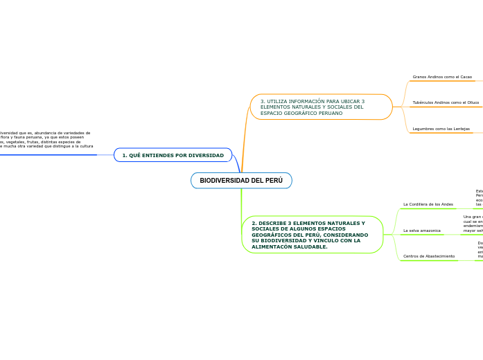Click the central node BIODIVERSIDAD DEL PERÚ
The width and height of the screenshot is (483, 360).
pyautogui.click(x=241, y=181)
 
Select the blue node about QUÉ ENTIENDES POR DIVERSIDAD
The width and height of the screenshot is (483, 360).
pyautogui.click(x=173, y=155)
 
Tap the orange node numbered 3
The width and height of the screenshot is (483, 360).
pyautogui.click(x=321, y=107)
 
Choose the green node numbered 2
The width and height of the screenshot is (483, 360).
pyautogui.click(x=312, y=235)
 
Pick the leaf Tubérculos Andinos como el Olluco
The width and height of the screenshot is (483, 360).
pyautogui.click(x=446, y=102)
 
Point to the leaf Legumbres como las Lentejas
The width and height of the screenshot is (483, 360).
pyautogui.click(x=441, y=129)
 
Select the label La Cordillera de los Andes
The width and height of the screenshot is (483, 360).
pyautogui.click(x=428, y=204)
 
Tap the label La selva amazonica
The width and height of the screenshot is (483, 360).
pyautogui.click(x=422, y=230)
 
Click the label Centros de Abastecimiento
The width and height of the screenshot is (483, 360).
pyautogui.click(x=429, y=256)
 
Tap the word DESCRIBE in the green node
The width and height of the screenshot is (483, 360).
pyautogui.click(x=272, y=223)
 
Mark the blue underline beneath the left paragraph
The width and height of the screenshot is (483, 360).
pyautogui.click(x=49, y=155)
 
